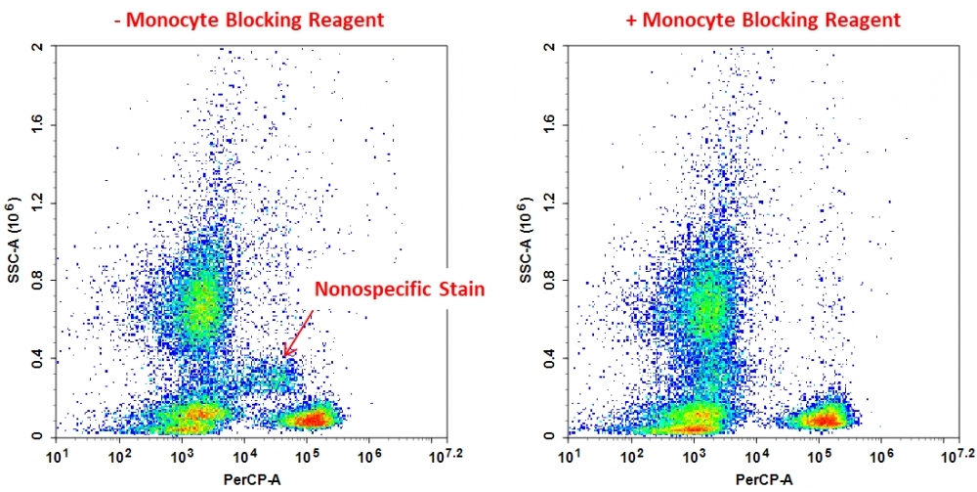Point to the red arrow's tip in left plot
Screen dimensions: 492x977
click(284, 356)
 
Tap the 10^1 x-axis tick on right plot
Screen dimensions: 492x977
click(570, 457)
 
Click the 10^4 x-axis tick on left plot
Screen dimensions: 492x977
click(244, 457)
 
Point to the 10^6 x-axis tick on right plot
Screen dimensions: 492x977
click(882, 457)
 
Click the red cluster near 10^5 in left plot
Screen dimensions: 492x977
click(313, 420)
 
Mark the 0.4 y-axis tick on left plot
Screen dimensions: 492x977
click(36, 358)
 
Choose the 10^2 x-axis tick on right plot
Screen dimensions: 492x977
click(632, 457)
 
